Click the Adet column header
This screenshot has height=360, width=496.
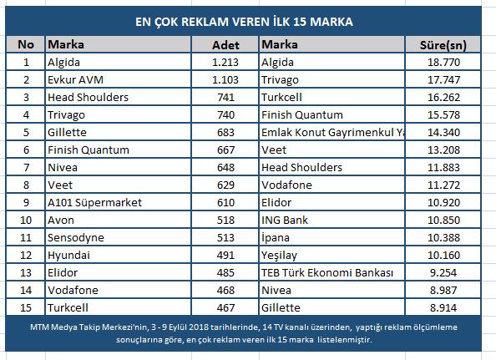(225, 45)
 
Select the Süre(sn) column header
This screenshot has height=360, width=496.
(443, 45)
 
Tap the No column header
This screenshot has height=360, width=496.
(26, 44)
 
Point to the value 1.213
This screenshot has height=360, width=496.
(225, 63)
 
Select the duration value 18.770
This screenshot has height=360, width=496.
(443, 63)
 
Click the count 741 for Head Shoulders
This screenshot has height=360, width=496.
(225, 98)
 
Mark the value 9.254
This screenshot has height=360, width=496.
(443, 272)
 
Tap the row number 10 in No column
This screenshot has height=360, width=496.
(26, 221)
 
